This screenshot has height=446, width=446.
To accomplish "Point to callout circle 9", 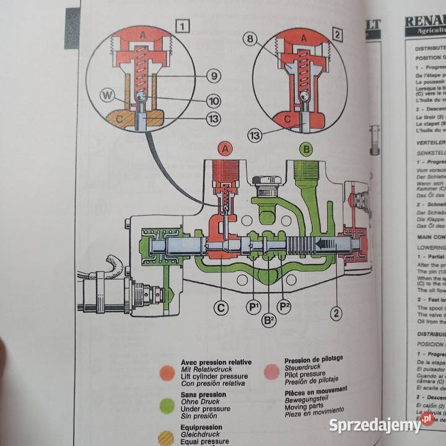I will tap(212, 77).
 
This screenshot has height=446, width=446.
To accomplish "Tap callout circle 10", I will tap(212, 100).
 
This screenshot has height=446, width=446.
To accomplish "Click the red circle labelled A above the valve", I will tap(226, 149).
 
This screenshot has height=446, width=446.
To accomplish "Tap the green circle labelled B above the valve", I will tap(305, 149).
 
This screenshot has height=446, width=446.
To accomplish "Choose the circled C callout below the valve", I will tap(221, 305).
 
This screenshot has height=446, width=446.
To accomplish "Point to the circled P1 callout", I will tap(254, 307).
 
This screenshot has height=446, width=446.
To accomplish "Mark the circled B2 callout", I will tap(269, 320).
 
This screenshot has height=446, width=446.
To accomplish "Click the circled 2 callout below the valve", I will tap(336, 313).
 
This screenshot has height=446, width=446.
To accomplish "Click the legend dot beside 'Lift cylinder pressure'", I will tap(167, 372).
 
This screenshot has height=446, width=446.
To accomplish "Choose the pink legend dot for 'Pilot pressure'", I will tap(271, 370).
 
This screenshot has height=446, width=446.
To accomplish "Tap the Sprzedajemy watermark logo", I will tap(381, 425).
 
